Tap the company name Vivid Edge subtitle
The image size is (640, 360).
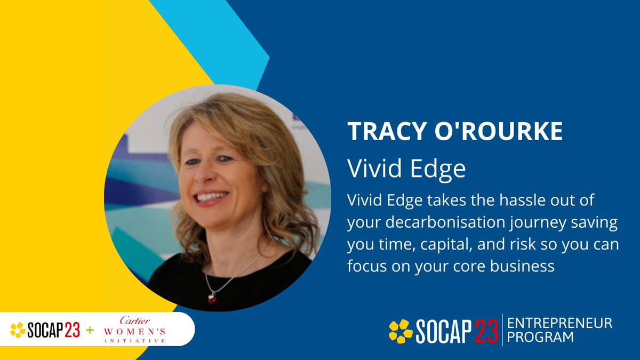406,169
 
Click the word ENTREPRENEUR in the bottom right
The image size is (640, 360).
559,323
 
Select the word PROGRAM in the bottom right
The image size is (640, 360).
540,337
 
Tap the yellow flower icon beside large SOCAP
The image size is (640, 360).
401,331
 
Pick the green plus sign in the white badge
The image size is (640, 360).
90,331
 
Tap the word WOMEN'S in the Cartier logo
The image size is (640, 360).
134,332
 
